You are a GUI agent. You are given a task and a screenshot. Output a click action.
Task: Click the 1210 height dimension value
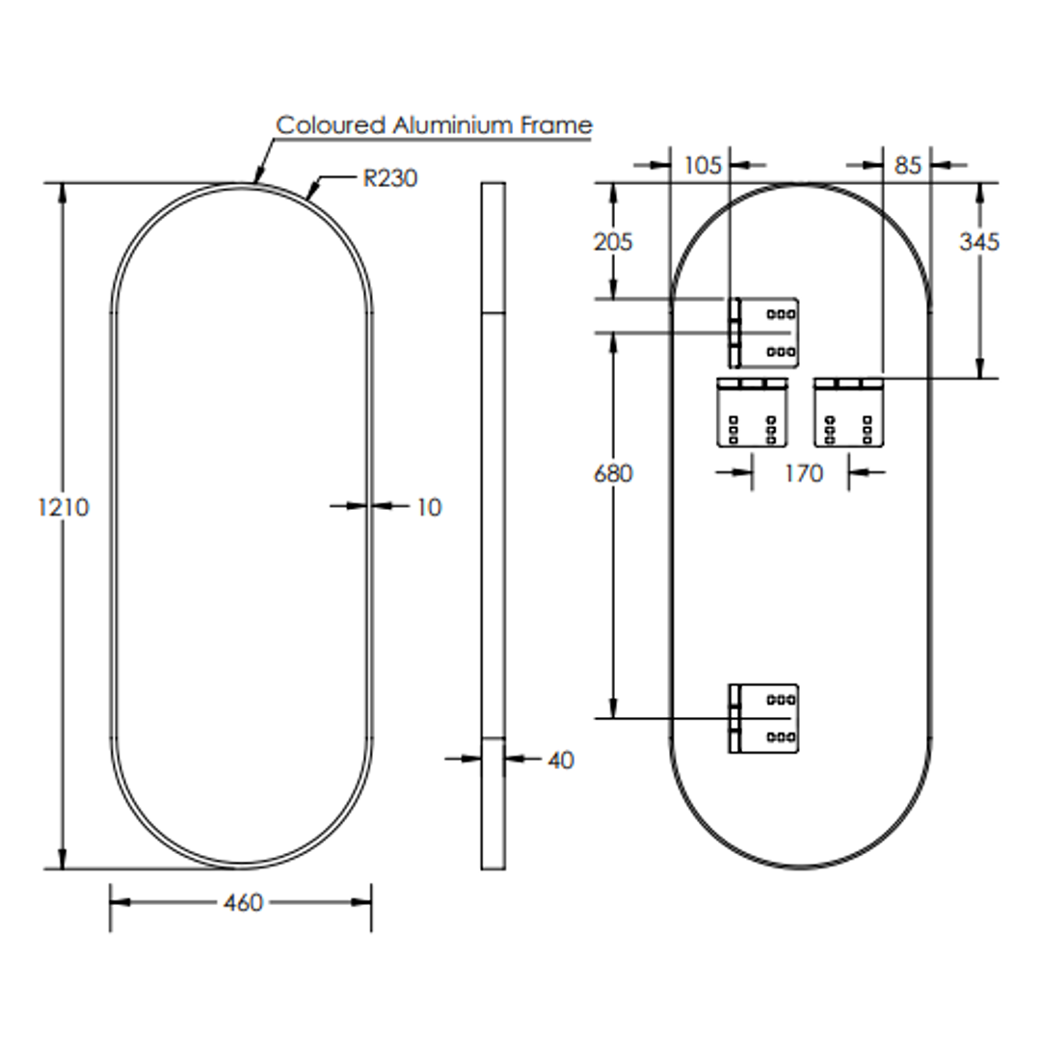tap(64, 507)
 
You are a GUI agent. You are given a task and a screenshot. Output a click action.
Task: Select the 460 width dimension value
tap(242, 903)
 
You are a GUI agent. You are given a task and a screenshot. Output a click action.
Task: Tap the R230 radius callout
tap(390, 178)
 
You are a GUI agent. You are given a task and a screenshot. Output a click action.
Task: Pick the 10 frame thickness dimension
tap(429, 507)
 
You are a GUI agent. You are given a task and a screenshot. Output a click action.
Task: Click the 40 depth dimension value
tap(560, 761)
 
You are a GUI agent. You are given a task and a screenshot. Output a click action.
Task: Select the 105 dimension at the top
tap(702, 166)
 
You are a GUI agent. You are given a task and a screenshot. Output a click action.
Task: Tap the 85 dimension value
tap(907, 166)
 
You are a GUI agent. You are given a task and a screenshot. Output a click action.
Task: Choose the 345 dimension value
tap(978, 242)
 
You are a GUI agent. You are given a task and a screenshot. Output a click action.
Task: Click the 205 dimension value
tap(613, 242)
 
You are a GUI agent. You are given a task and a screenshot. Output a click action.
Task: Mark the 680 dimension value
tap(613, 474)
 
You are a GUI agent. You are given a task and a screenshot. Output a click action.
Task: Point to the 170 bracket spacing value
tap(803, 473)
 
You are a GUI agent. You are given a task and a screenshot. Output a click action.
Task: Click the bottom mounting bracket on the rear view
tap(763, 718)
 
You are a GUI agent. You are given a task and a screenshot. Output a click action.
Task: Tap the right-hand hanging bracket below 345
tap(849, 412)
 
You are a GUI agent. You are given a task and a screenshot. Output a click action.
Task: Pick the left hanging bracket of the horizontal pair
tap(752, 412)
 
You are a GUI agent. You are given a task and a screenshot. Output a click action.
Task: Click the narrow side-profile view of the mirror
tap(493, 525)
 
